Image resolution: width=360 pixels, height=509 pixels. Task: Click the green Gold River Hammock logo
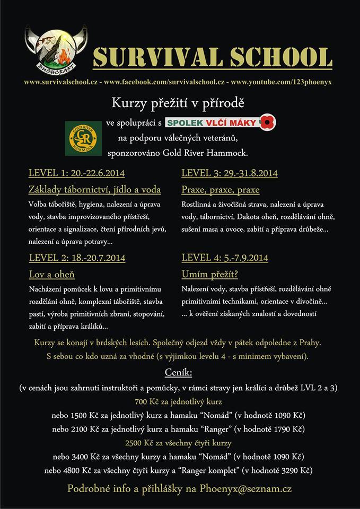pyautogui.click(x=83, y=138)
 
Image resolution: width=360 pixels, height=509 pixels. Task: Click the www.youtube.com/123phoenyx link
pyautogui.click(x=281, y=83)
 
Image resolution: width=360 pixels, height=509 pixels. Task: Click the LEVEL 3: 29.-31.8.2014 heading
pyautogui.click(x=229, y=173)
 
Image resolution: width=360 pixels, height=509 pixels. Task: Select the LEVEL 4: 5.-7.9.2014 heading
pyautogui.click(x=224, y=258)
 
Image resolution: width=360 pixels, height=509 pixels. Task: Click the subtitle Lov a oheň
pyautogui.click(x=51, y=275)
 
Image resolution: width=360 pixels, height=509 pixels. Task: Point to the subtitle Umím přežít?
pyautogui.click(x=210, y=275)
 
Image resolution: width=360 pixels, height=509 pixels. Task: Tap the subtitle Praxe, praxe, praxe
pyautogui.click(x=220, y=190)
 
